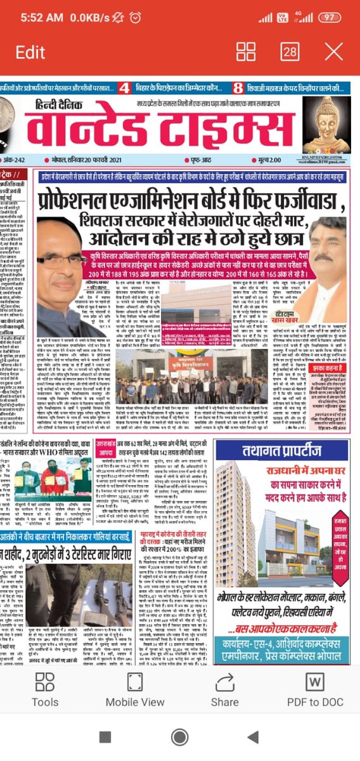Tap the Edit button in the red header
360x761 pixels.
point(30,52)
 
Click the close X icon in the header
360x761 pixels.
point(333,52)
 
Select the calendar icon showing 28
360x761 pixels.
point(290,52)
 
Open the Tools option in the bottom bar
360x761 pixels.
point(45,690)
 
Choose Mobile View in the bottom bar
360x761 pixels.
point(135,690)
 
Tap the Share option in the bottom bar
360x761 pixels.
point(225,690)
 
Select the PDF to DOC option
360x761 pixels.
point(315,690)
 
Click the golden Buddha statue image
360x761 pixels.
point(326,126)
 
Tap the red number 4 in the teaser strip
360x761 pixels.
point(124,88)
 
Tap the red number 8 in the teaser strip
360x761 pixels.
point(238,88)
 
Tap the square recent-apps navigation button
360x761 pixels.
point(106,736)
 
